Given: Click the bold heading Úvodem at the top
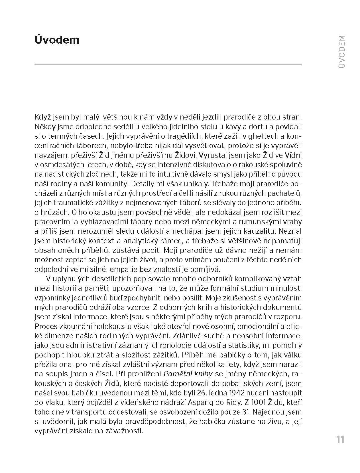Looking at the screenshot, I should pos(57,40).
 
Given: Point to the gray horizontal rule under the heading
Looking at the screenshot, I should pos(168,64).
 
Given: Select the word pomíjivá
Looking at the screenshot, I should pos(204,269).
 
